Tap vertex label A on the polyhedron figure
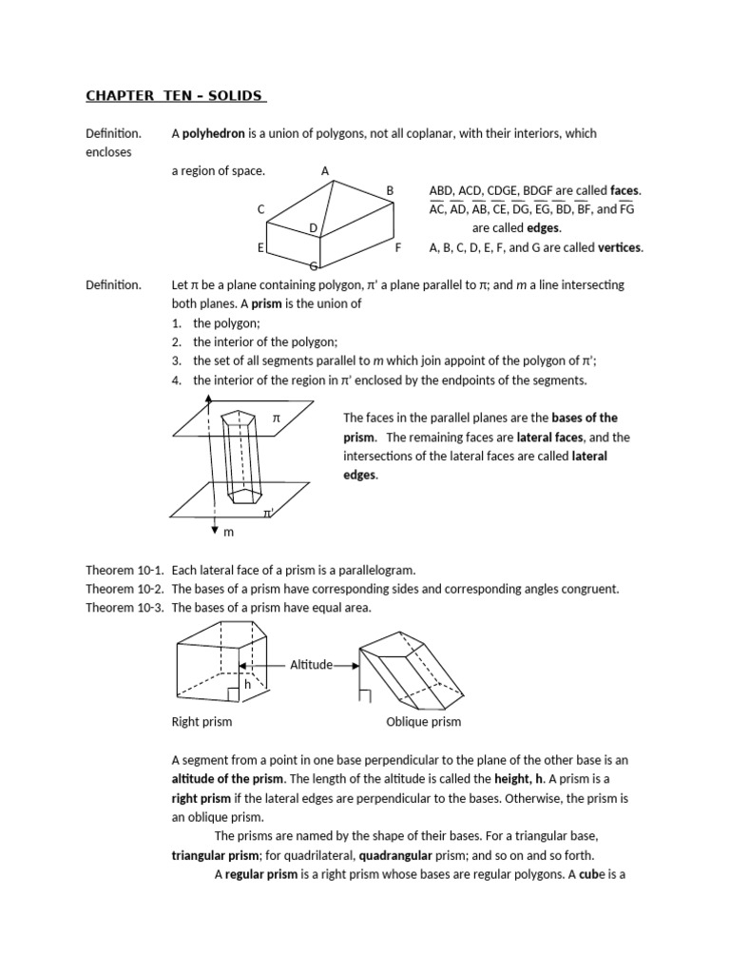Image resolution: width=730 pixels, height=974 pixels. (325, 171)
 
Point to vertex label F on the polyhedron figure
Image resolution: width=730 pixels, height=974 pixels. (398, 247)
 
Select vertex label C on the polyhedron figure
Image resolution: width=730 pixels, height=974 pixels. (260, 209)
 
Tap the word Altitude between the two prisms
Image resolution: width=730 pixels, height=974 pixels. (311, 665)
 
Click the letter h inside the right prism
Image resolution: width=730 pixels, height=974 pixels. (247, 684)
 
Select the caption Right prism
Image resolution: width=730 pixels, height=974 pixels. (202, 722)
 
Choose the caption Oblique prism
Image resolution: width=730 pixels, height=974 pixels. (424, 722)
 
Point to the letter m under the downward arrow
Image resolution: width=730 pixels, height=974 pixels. (228, 532)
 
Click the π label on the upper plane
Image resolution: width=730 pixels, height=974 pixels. (277, 419)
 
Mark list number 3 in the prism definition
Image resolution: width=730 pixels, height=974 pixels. (177, 361)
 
